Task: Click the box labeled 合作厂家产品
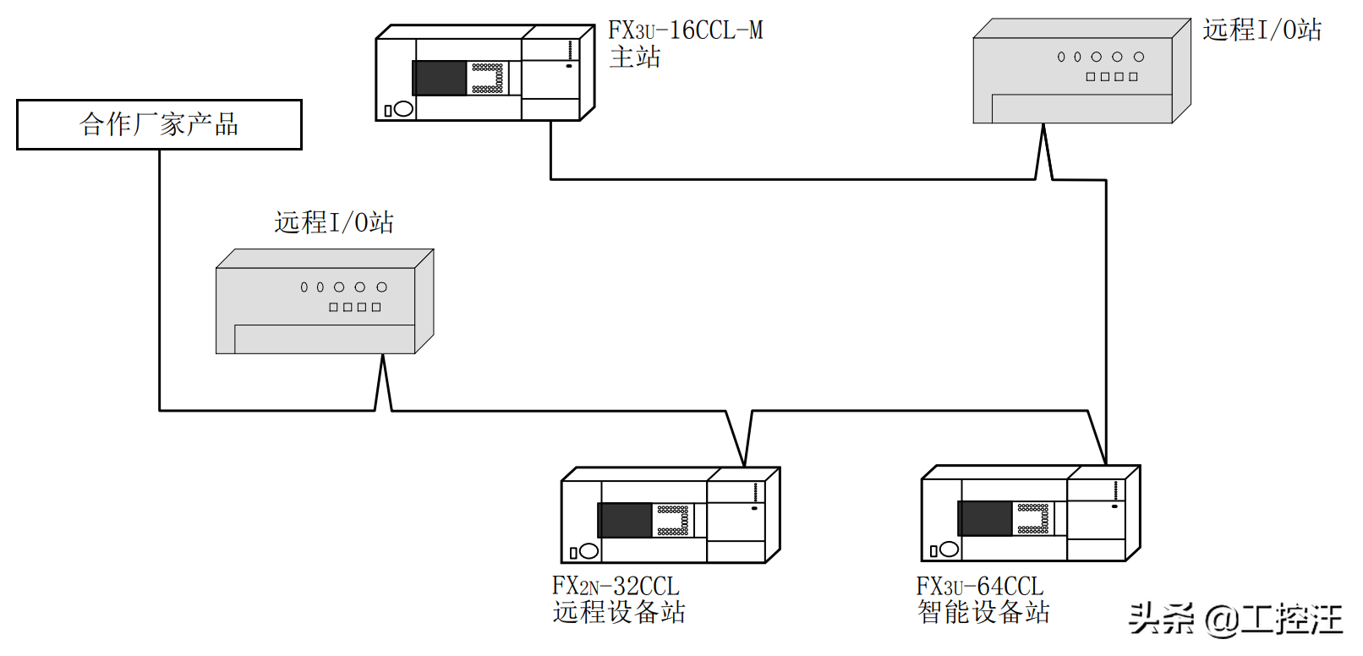pos(159,124)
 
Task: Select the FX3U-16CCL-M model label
pos(685,30)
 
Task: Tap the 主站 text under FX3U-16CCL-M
pos(635,57)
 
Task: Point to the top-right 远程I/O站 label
pos(1262,30)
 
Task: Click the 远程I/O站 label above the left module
pos(334,222)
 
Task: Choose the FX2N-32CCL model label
pos(616,586)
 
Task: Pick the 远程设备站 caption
pos(619,612)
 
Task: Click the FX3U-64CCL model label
pos(980,586)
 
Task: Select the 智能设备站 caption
pos(983,612)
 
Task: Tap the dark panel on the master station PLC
pos(440,78)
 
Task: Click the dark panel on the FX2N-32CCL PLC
pos(626,521)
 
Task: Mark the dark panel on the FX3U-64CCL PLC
pos(985,518)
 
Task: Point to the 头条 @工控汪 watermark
pos(1235,619)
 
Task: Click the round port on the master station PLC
pos(404,108)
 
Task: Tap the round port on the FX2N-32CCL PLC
pos(589,551)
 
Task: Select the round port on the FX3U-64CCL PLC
pos(950,549)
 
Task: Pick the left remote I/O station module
pos(324,303)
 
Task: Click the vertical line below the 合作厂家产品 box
pos(160,279)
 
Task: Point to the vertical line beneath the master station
pos(551,150)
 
